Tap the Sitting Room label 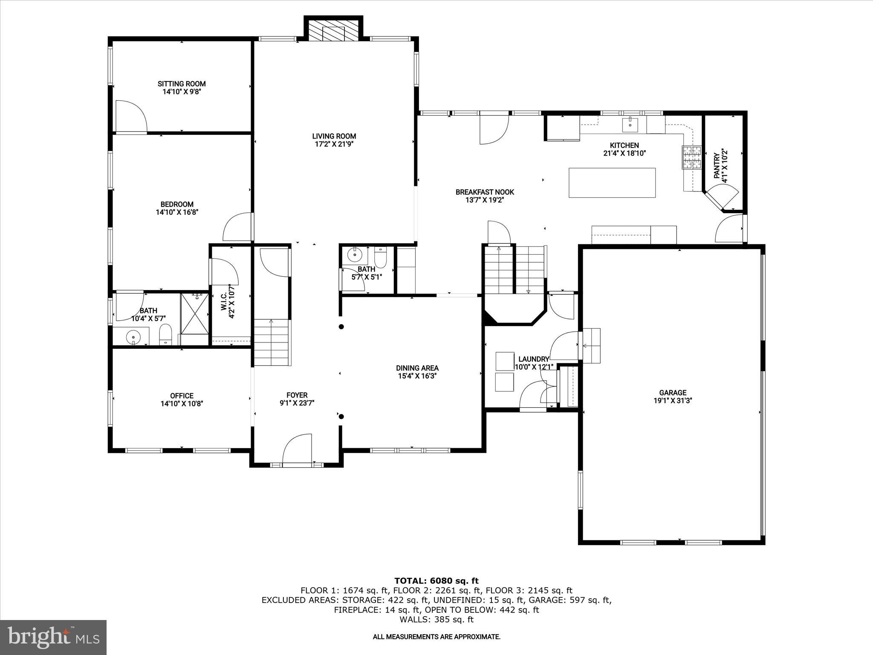point(182,84)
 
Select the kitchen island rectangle point(612,183)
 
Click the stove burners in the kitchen point(692,157)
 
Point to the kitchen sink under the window point(630,125)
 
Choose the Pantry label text point(717,166)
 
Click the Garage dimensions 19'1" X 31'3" point(673,401)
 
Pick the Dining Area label point(417,368)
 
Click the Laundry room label point(534,359)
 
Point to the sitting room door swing point(130,116)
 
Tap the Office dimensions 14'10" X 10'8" point(182,404)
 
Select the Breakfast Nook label point(485,192)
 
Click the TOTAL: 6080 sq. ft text point(436,581)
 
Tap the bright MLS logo point(53,638)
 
